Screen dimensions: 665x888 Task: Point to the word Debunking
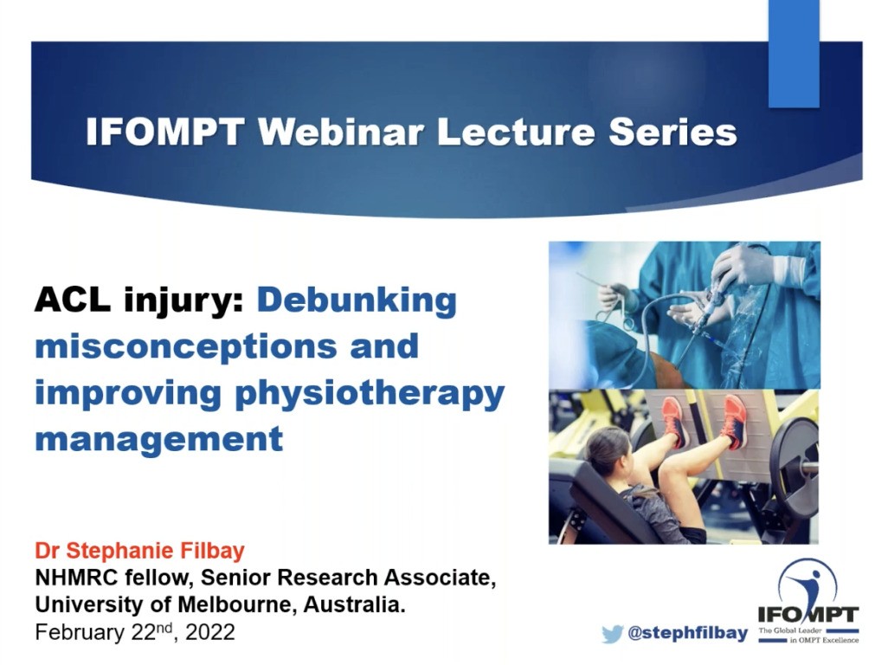pos(357,300)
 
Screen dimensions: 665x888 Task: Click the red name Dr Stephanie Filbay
pos(140,552)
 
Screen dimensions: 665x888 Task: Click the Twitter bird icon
pos(613,634)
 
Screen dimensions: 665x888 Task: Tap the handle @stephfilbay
pos(687,634)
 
